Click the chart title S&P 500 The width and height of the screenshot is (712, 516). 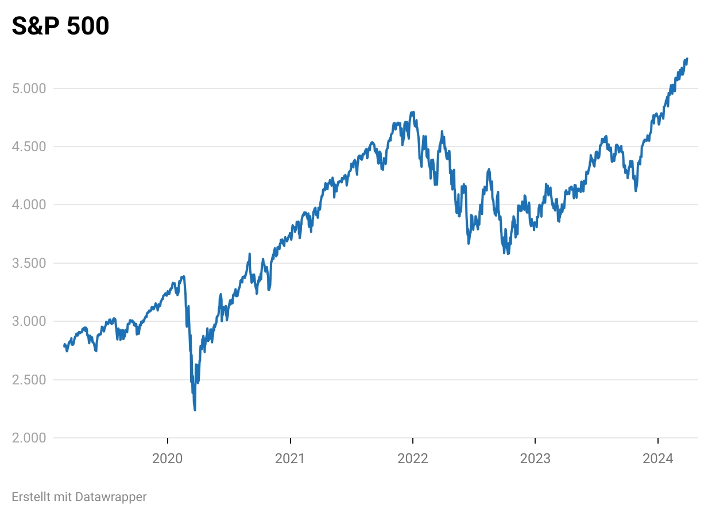click(60, 26)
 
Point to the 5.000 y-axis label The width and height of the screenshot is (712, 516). click(29, 88)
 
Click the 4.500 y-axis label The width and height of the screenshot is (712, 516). click(29, 147)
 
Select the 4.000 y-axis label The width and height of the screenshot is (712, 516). click(29, 205)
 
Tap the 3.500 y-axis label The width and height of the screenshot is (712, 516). click(29, 263)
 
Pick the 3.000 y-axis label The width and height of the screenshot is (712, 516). click(29, 321)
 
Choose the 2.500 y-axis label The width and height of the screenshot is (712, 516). click(29, 380)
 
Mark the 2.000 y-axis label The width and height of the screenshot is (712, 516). click(29, 438)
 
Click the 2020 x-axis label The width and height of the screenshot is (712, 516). click(168, 459)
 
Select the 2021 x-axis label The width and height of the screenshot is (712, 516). click(291, 459)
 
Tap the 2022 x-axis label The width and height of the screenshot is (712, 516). click(413, 459)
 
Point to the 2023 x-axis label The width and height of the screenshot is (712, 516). click(535, 459)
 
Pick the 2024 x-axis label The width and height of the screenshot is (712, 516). click(658, 459)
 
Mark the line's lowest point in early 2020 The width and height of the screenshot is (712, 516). click(195, 410)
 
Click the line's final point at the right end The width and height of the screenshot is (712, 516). click(687, 59)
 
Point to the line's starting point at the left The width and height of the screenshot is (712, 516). click(64, 345)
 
